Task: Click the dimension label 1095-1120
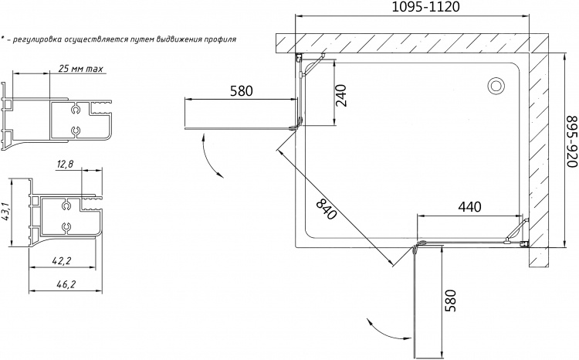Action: coord(425,7)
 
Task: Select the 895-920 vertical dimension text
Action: coord(572,141)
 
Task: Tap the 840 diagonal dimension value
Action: coord(327,209)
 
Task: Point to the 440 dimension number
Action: coord(469,207)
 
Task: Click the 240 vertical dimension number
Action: coord(340,95)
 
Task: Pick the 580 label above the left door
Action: coord(242,91)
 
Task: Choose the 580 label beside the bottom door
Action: coord(452,301)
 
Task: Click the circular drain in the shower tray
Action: coord(496,86)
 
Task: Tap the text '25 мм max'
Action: coord(80,69)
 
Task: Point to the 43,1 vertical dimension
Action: coord(5,212)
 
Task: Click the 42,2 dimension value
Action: coord(61,261)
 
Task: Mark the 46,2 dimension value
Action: coord(66,284)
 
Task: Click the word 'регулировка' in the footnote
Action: coord(37,39)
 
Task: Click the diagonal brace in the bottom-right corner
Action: coord(516,230)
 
